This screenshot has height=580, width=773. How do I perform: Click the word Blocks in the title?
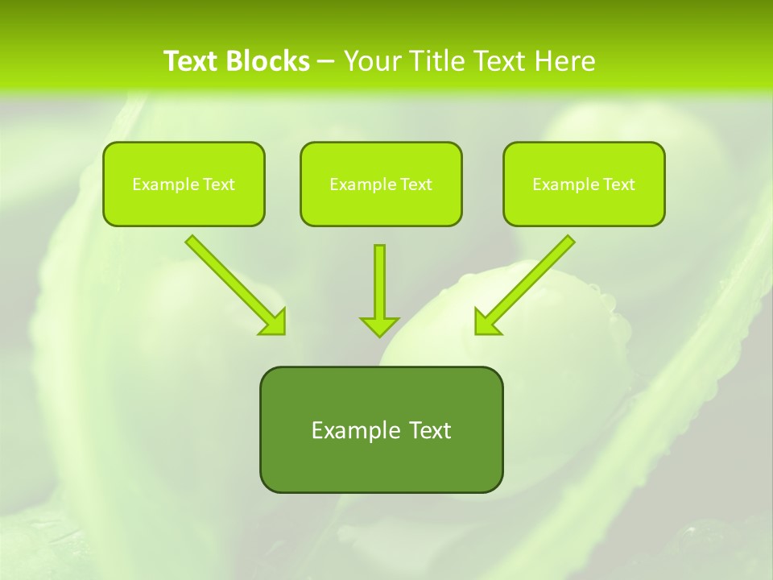coord(267,61)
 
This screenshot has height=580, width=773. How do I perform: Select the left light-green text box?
coord(184,184)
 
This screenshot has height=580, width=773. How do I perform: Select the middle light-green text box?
coord(381,184)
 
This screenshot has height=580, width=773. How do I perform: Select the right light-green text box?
coord(584,184)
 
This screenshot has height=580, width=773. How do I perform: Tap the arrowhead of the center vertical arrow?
coord(379,325)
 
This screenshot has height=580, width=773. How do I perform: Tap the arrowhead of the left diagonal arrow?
coord(274,322)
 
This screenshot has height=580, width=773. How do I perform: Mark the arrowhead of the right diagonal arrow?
coord(486,322)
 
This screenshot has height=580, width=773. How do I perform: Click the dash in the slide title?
coord(326,62)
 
